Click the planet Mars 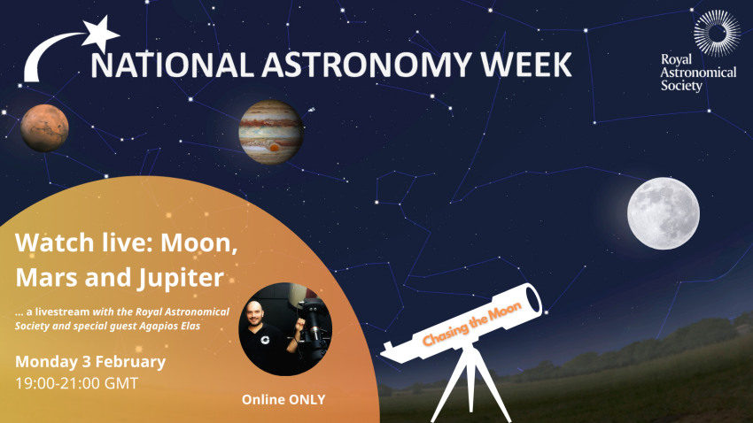tap(45, 128)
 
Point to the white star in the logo tap(101, 34)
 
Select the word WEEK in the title tap(523, 65)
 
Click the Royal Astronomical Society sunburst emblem tap(715, 35)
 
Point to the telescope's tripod tap(466, 385)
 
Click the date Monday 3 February tap(90, 362)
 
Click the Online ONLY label tap(283, 400)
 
